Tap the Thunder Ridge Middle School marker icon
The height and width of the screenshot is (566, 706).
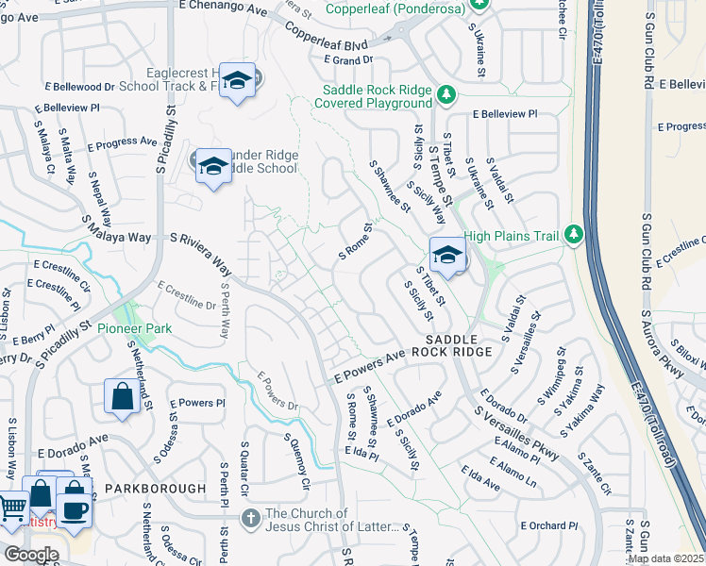[x=214, y=167]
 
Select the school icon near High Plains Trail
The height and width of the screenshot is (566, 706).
[x=447, y=254]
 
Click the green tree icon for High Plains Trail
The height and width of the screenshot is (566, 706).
[x=572, y=233]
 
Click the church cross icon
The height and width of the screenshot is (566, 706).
[x=250, y=517]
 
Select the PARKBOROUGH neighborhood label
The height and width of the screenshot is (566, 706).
[x=155, y=488]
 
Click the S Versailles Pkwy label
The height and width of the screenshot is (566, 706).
[x=517, y=433]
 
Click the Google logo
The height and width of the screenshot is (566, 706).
[x=31, y=555]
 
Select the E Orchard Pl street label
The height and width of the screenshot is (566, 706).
[x=547, y=525]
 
